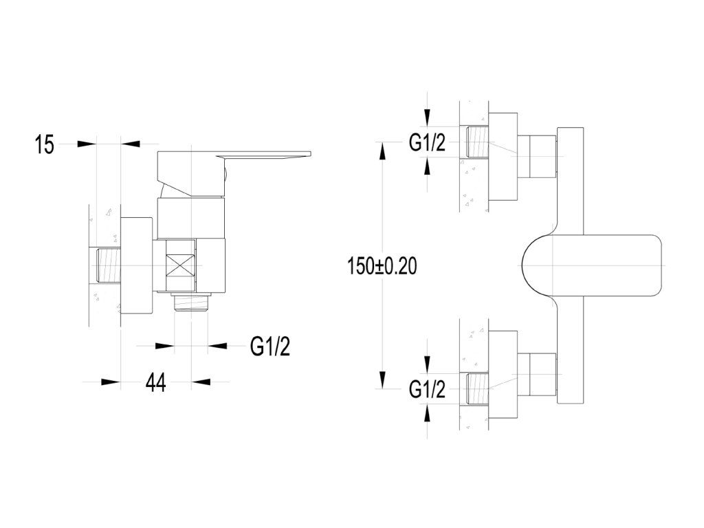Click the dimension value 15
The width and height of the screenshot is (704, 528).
click(44, 145)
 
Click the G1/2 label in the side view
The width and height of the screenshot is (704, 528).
click(270, 346)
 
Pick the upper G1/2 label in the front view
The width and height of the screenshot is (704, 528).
click(427, 143)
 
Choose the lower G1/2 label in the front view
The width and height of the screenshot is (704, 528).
click(427, 390)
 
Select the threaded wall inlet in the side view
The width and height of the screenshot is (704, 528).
click(107, 266)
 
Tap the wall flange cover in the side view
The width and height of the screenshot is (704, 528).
click(137, 266)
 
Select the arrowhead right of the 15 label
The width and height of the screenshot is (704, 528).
click(85, 144)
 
